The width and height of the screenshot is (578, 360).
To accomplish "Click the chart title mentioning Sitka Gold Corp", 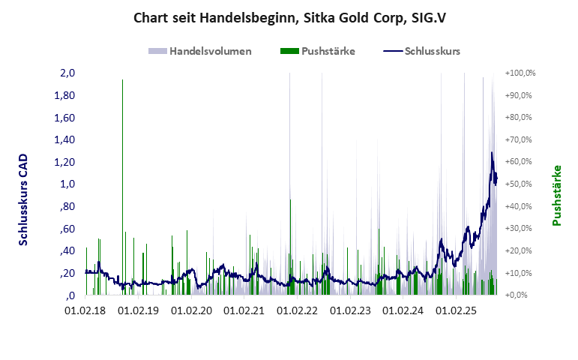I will click(x=288, y=18).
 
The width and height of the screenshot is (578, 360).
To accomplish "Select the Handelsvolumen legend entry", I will click(x=209, y=51).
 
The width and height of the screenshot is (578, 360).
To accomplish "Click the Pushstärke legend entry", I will click(x=328, y=51).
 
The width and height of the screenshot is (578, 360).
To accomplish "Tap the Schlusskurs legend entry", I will click(x=432, y=51).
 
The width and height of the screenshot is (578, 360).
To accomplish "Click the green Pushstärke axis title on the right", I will click(x=557, y=196).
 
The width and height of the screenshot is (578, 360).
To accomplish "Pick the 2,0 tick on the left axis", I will click(x=67, y=73).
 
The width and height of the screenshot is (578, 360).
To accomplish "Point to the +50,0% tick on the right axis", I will click(x=520, y=184).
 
